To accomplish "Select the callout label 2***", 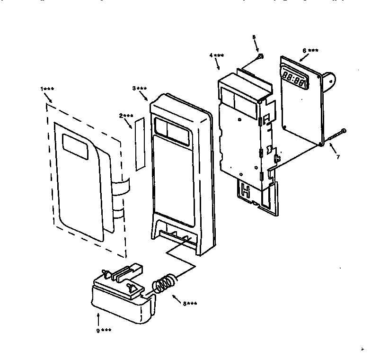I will (x=126, y=116).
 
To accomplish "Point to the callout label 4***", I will (x=217, y=55).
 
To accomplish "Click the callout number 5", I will (x=254, y=36).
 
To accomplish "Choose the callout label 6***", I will (x=310, y=50).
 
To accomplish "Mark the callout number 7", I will (x=337, y=157).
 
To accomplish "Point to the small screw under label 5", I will (x=261, y=57).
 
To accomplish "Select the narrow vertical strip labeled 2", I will (x=139, y=144).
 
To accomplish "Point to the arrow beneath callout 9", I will (x=98, y=318).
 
